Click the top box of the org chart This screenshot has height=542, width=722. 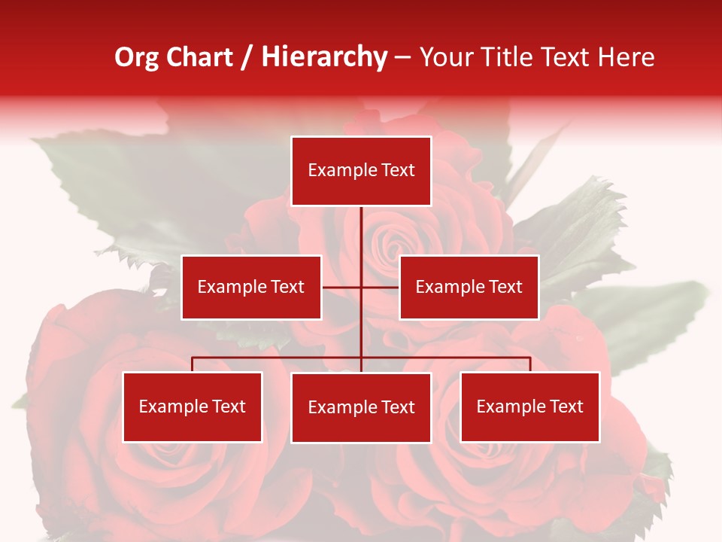[361, 171]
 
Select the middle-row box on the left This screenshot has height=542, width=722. [251, 287]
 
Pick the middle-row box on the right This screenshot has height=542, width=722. [469, 287]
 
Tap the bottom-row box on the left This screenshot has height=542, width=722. [193, 406]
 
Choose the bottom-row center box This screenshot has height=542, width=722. [361, 407]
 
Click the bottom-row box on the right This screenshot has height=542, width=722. [529, 406]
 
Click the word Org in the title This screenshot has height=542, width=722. [136, 58]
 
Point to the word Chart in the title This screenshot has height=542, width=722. [201, 58]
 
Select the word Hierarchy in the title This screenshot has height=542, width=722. [324, 58]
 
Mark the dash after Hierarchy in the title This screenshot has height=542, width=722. [402, 58]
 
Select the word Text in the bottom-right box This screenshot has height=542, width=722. [566, 406]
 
